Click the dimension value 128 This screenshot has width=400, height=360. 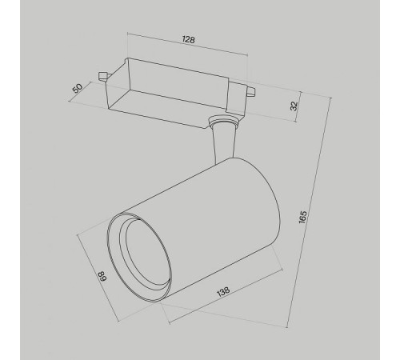[189, 39]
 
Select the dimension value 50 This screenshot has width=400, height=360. [78, 88]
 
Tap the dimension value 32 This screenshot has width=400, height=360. [294, 106]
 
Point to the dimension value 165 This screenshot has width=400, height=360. [302, 217]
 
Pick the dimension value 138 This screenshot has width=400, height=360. [223, 291]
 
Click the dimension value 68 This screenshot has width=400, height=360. [102, 276]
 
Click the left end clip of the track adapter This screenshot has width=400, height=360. [103, 76]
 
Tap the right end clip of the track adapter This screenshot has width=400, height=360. [251, 90]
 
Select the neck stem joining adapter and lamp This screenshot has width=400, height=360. [224, 142]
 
